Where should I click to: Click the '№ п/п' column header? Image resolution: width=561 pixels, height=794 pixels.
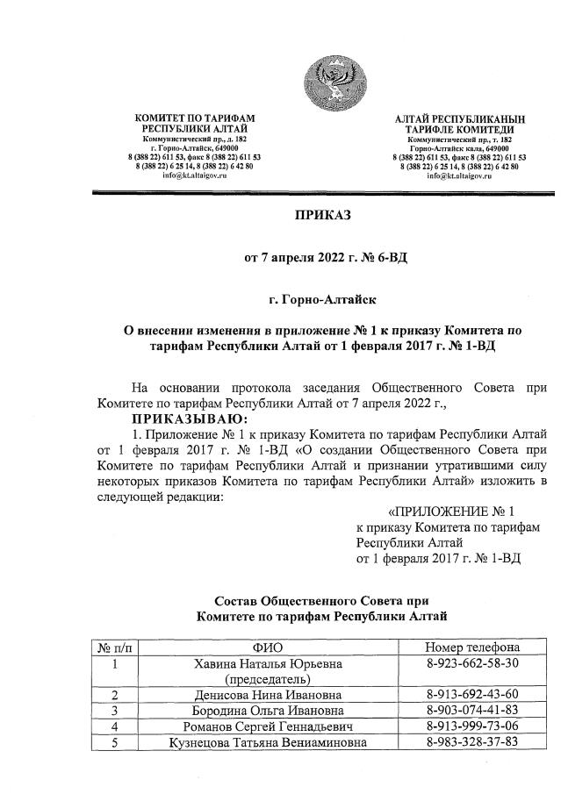(115, 647)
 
